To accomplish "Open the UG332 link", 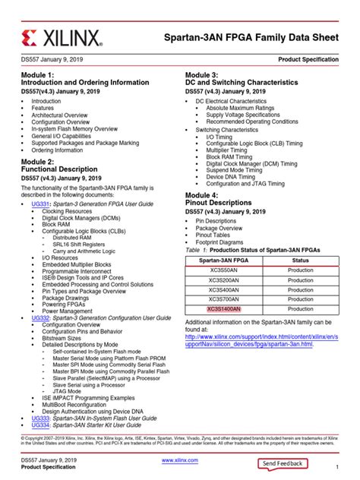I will pos(40,317).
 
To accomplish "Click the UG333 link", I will pos(40,418).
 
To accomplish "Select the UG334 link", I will pos(40,425).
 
